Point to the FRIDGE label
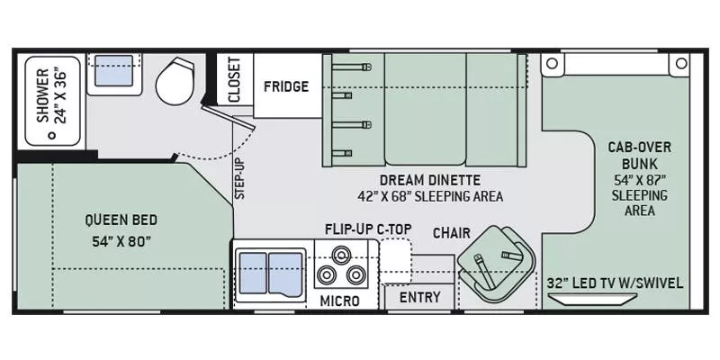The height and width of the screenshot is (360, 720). tap(286, 87)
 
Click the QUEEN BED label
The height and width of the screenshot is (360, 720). tap(121, 219)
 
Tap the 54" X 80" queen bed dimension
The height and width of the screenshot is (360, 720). tap(121, 240)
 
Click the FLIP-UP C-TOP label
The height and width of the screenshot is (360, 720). tap(368, 229)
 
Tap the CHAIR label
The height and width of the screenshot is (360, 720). tap(451, 233)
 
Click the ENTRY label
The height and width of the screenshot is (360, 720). tap(419, 297)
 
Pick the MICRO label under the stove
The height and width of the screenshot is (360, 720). tap(340, 300)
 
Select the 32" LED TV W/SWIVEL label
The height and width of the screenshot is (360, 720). tap(615, 283)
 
